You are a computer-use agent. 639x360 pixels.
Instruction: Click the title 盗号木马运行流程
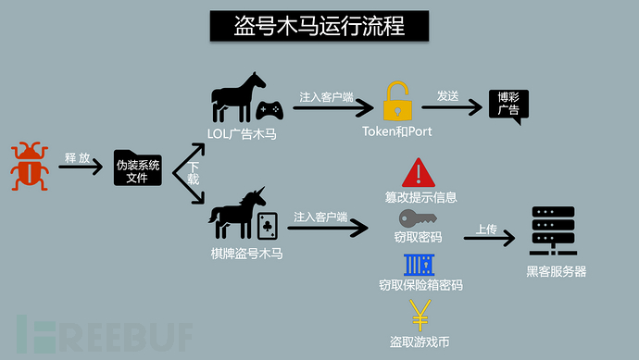(x=319, y=25)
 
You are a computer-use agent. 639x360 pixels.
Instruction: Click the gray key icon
(x=418, y=218)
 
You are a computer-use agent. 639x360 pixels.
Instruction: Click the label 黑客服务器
(x=556, y=271)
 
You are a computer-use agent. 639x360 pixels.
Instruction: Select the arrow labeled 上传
(x=489, y=238)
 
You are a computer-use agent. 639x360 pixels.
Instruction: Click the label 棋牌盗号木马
(x=244, y=252)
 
